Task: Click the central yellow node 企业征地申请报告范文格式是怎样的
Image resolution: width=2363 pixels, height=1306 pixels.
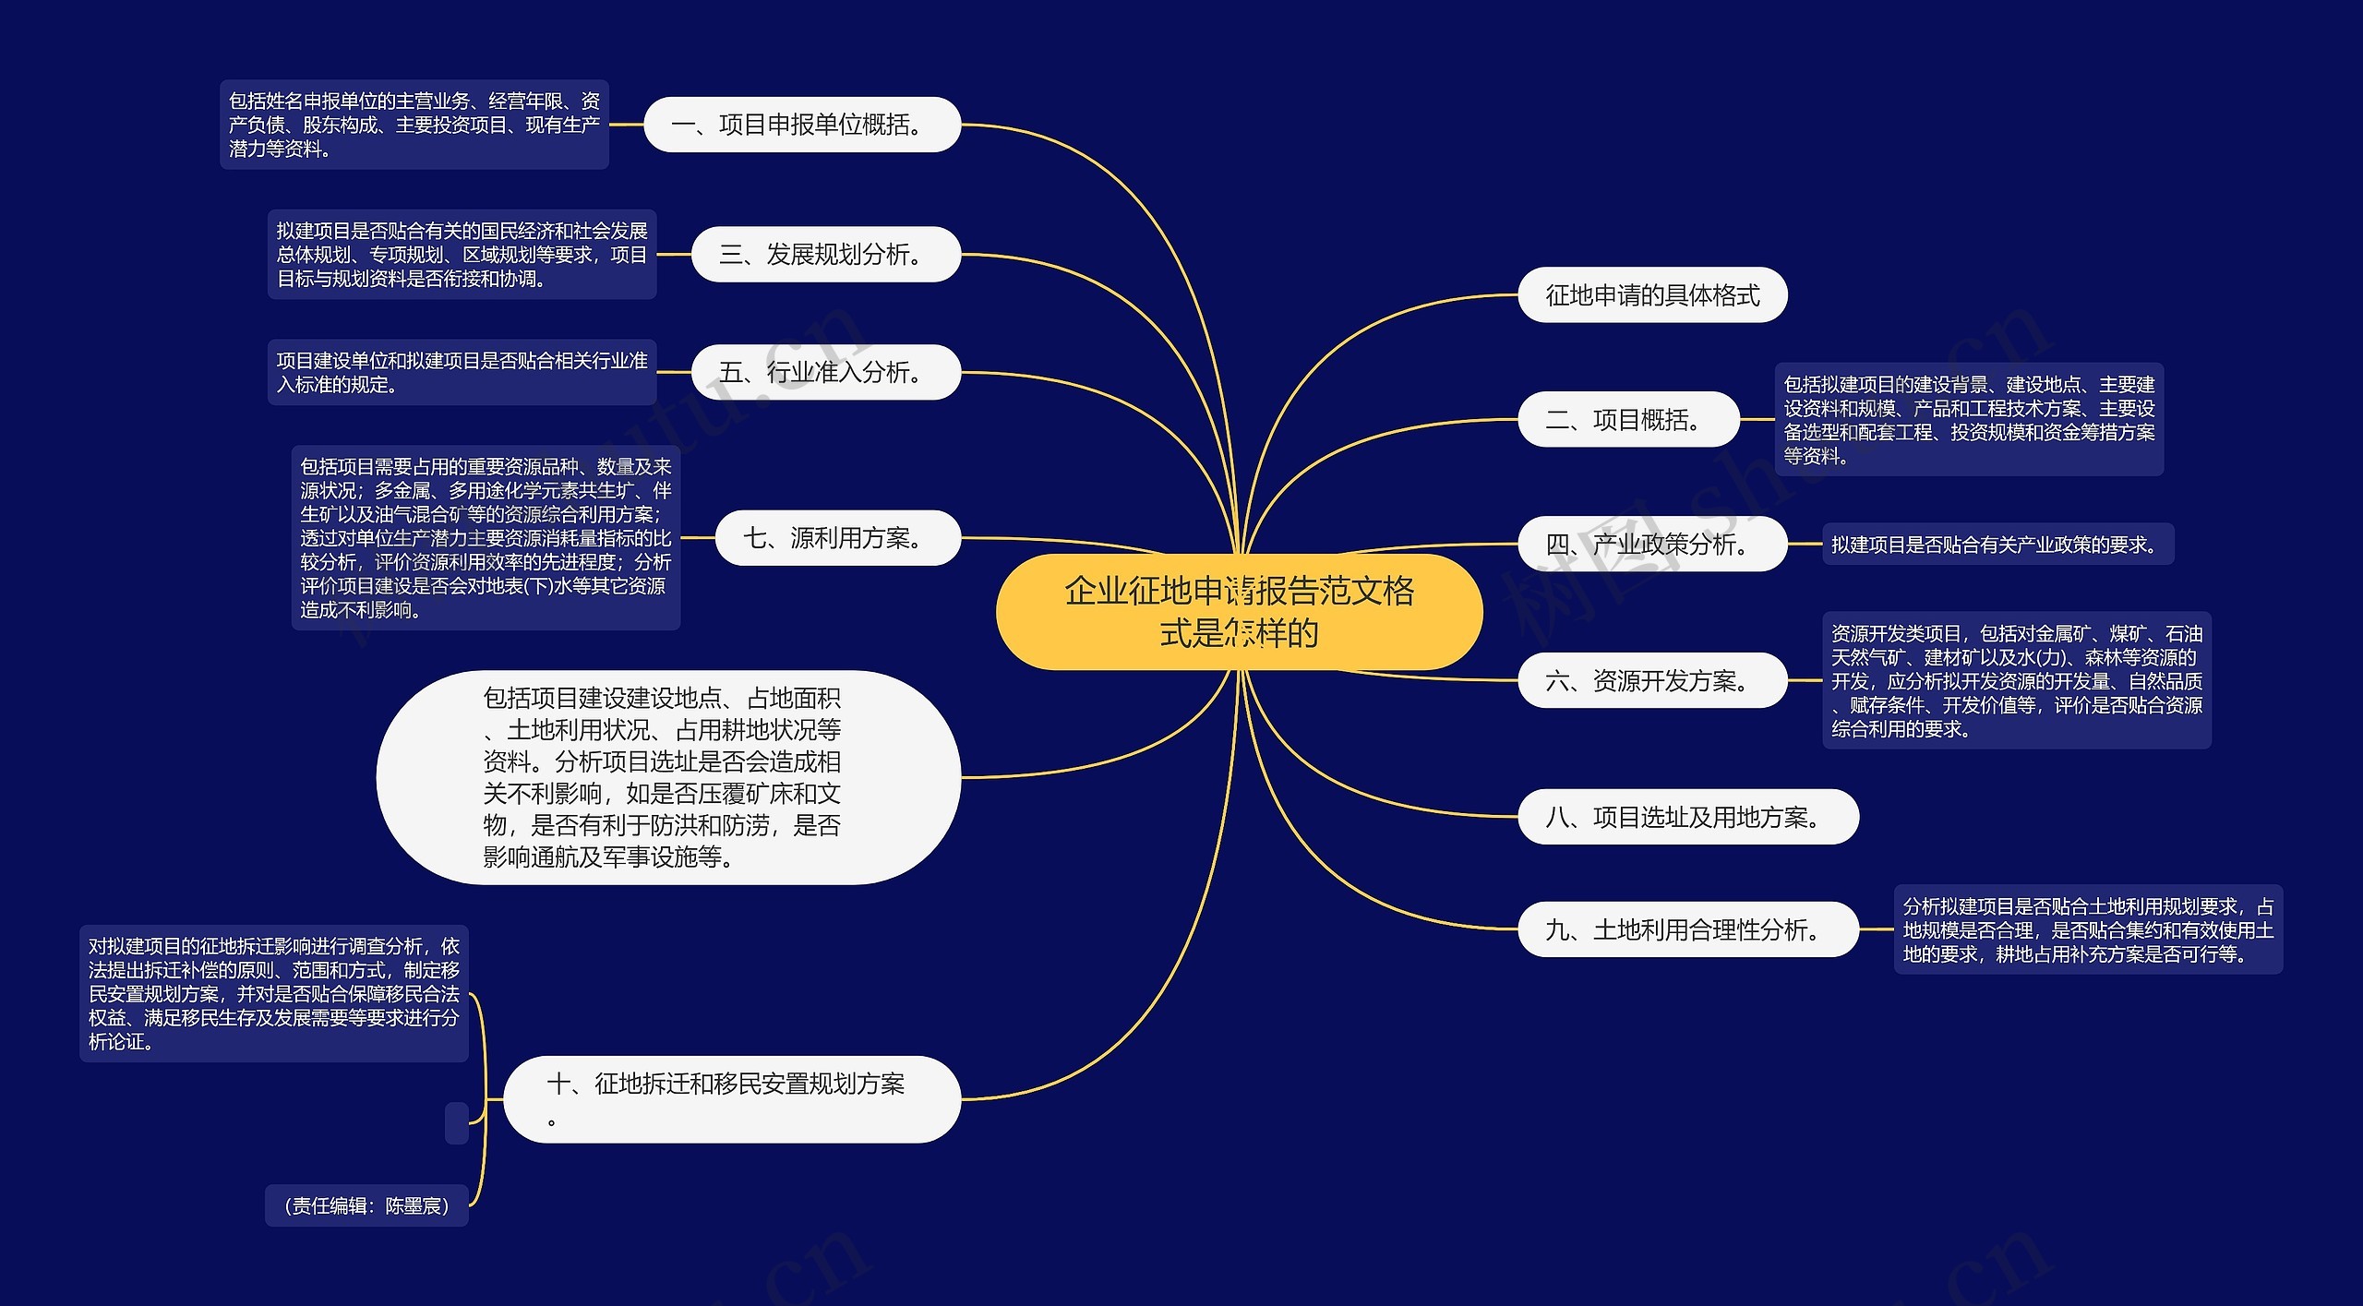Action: coord(1239,612)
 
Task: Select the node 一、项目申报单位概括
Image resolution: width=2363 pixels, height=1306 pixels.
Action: coord(801,125)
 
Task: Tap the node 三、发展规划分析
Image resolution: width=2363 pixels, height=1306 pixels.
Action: coord(825,254)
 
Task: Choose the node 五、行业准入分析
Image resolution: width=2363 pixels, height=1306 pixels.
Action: coord(825,372)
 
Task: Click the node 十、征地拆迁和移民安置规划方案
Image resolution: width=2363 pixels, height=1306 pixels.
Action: coord(731,1098)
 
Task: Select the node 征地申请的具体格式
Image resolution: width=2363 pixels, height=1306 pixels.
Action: coord(1652,295)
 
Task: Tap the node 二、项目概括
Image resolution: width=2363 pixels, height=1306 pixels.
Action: coord(1628,420)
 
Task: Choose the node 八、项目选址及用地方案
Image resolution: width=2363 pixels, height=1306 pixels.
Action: coord(1687,817)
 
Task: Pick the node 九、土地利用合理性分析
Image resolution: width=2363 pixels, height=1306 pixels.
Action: coord(1687,929)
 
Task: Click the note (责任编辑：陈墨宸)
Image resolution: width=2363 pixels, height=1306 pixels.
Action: coord(366,1205)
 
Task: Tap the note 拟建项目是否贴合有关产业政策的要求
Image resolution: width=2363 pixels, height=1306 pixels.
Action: coord(1997,545)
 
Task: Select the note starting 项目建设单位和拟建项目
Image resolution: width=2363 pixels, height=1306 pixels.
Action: coord(462,372)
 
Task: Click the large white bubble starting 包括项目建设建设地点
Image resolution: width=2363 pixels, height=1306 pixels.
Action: coord(667,777)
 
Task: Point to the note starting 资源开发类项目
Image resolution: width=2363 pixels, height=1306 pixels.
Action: coord(2016,680)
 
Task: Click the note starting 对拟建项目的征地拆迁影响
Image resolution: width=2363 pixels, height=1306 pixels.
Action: coord(273,993)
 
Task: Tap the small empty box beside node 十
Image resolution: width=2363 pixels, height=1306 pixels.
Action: coord(457,1122)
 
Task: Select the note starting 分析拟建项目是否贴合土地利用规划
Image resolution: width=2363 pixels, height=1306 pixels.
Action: coord(2088,929)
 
